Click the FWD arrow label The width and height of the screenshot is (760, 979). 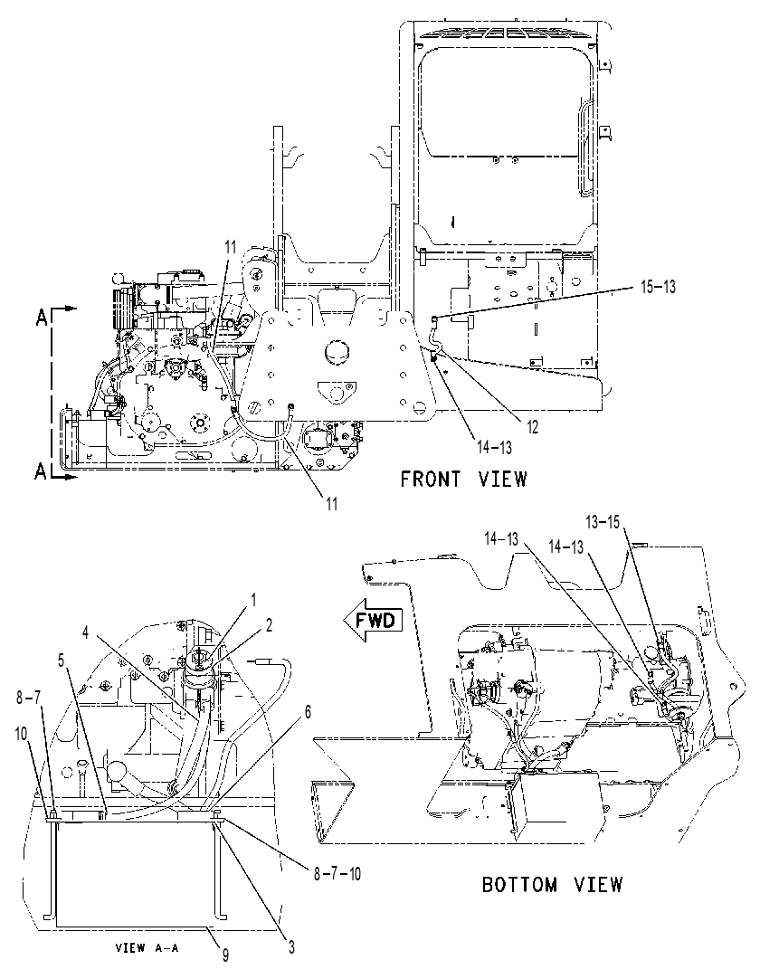375,621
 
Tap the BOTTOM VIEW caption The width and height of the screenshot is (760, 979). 552,884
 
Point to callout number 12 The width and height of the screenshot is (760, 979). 531,426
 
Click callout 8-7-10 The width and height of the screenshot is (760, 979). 337,873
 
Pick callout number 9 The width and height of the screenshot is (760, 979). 225,955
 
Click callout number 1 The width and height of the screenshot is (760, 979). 253,600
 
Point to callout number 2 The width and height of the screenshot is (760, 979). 269,625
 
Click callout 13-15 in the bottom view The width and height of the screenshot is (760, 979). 603,521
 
